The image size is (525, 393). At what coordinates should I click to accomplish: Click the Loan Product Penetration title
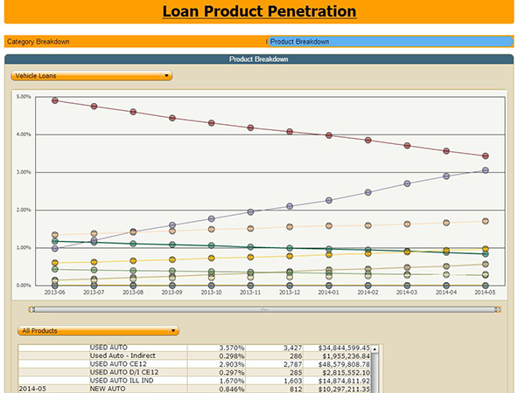pyautogui.click(x=259, y=12)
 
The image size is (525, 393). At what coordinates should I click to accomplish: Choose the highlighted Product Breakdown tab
pyautogui.click(x=300, y=41)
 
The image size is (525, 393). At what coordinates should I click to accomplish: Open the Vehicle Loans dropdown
pyautogui.click(x=92, y=76)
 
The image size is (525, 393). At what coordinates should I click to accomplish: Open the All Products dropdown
pyautogui.click(x=99, y=331)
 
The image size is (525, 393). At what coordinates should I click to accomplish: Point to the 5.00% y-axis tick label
pyautogui.click(x=24, y=97)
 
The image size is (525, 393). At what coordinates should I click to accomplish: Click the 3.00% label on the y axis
pyautogui.click(x=24, y=172)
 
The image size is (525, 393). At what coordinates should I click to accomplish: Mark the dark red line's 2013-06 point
pyautogui.click(x=55, y=100)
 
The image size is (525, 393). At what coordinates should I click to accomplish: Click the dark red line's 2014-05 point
pyautogui.click(x=486, y=156)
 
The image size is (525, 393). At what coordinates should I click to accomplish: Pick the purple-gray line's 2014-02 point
pyautogui.click(x=368, y=192)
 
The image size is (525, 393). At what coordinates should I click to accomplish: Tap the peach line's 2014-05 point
pyautogui.click(x=486, y=221)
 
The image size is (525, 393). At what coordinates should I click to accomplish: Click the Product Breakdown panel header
pyautogui.click(x=259, y=59)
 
